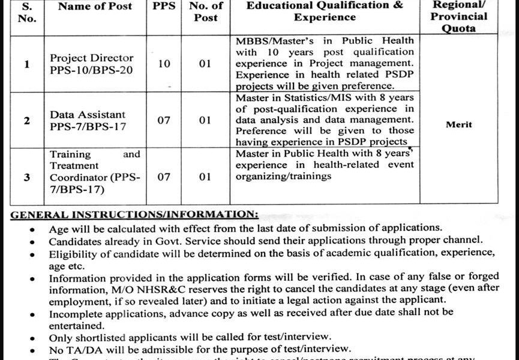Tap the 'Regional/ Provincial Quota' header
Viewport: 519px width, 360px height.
tap(459, 17)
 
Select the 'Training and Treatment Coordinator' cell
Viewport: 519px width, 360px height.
tap(94, 172)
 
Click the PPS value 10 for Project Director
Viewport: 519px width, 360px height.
tap(164, 64)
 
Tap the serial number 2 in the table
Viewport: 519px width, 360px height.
tap(26, 120)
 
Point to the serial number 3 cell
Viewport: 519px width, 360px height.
tap(26, 177)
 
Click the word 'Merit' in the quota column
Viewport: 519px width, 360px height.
tap(458, 125)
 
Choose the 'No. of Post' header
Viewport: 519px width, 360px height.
tap(206, 11)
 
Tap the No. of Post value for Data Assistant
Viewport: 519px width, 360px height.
tap(205, 120)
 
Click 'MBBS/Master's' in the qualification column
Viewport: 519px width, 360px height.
tap(268, 40)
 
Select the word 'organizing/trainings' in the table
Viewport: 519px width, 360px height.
tap(275, 176)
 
